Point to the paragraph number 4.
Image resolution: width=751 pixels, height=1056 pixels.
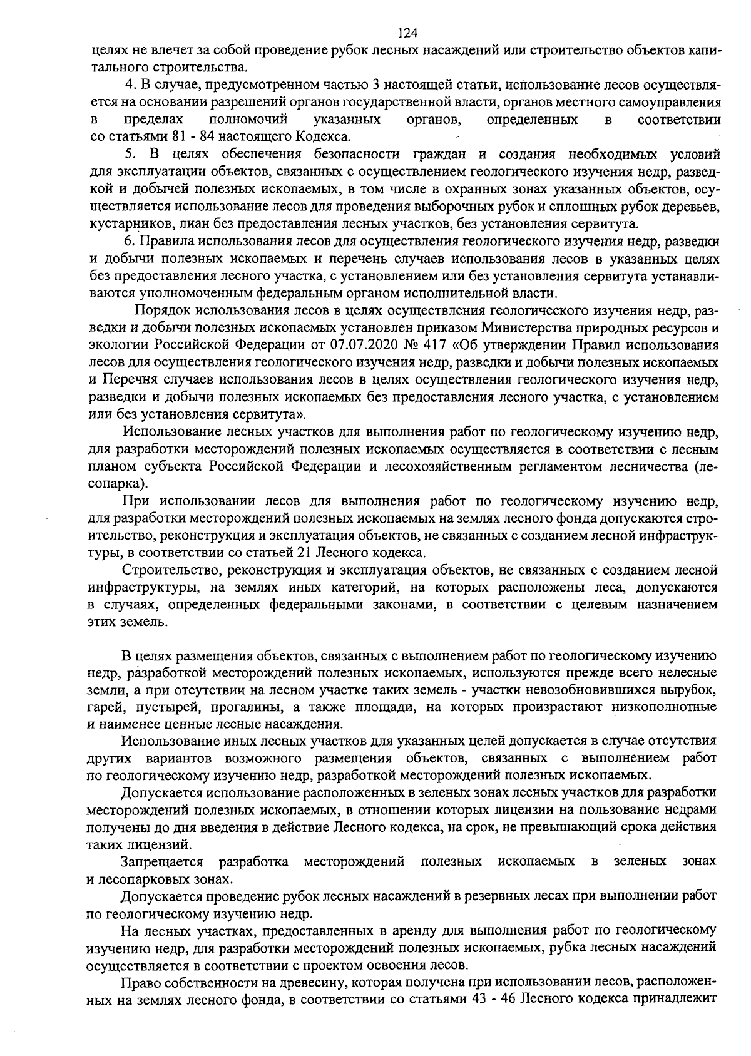[131, 84]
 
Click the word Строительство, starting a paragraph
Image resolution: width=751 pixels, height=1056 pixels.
[171, 570]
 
